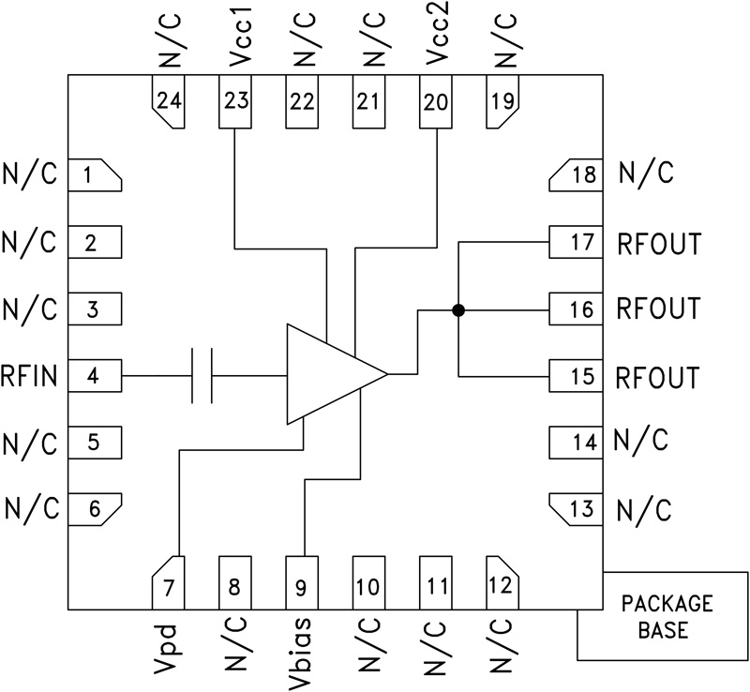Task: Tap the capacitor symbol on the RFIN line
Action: click(x=202, y=376)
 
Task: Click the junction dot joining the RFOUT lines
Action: click(x=458, y=309)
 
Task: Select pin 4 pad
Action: click(x=96, y=376)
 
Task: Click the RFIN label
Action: click(x=31, y=377)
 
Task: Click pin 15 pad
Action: click(x=576, y=376)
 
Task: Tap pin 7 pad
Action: click(x=169, y=581)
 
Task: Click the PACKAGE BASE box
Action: click(x=663, y=616)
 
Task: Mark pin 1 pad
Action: click(x=96, y=175)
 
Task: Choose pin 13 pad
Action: click(x=576, y=509)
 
